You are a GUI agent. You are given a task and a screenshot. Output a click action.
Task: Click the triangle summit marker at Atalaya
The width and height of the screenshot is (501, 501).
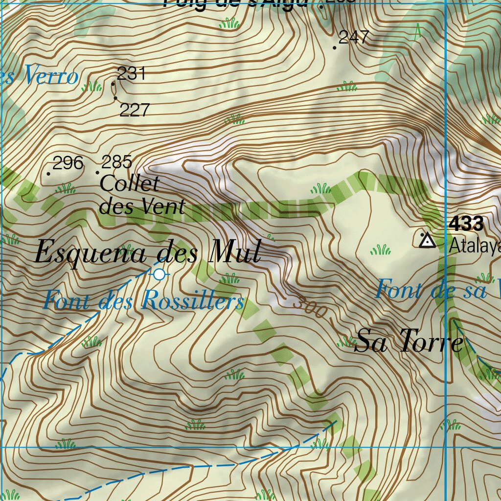point(428,240)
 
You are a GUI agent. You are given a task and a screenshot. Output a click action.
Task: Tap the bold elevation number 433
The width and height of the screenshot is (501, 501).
point(466,224)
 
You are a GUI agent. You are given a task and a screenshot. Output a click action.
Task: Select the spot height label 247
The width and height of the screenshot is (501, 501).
point(354,37)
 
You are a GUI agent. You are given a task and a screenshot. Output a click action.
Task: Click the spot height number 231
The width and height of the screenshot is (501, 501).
point(132,73)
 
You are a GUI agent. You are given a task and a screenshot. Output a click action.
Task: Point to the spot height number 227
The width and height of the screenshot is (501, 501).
point(134,110)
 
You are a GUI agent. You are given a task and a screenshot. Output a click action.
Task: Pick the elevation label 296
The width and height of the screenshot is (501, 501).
point(68,163)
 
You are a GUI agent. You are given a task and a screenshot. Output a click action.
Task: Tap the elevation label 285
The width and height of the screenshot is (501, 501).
point(116,161)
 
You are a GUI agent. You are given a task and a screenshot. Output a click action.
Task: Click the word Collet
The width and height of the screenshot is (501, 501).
point(130,184)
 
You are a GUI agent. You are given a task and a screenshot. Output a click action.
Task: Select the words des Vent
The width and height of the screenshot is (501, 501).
point(142,206)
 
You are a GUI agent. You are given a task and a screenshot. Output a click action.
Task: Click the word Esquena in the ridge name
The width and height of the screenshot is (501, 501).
point(91,253)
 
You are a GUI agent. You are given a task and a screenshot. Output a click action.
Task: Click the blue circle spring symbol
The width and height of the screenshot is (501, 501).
point(159,274)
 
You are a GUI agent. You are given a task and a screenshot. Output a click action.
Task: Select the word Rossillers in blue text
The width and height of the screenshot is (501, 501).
point(192,301)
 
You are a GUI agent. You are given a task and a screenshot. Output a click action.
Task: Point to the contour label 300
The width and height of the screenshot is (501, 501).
point(309,308)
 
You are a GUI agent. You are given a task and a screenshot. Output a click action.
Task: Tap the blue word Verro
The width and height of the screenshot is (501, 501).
point(50,76)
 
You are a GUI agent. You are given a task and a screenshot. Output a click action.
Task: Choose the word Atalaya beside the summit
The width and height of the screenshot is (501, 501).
point(475,245)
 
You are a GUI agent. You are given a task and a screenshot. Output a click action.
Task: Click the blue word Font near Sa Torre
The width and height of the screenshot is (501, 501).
point(398,289)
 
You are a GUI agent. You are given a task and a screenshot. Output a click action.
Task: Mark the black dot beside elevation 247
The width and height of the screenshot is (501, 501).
point(335,48)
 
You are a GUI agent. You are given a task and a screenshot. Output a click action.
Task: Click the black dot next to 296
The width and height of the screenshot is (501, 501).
point(48,174)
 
